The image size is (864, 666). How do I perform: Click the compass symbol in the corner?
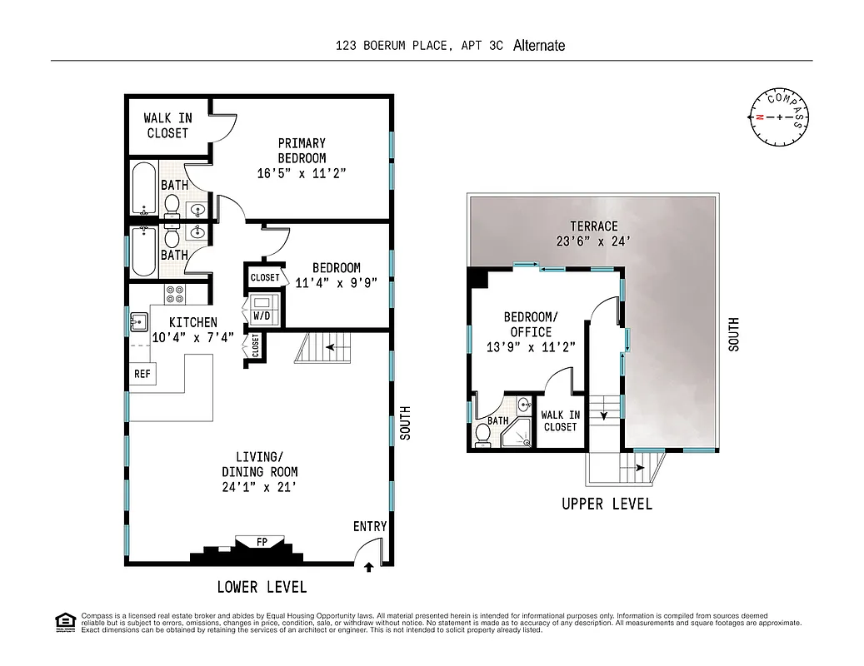click(779, 117)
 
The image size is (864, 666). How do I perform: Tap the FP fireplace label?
click(262, 542)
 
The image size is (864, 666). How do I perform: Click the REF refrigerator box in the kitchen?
click(142, 374)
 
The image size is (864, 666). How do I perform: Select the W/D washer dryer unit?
click(261, 316)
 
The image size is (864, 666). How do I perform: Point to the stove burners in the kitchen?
click(175, 294)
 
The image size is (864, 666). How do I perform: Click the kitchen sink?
click(138, 321)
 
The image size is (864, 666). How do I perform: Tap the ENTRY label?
click(370, 526)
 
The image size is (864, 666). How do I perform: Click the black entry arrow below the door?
click(369, 568)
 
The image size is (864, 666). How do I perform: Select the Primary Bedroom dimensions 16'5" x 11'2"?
click(302, 173)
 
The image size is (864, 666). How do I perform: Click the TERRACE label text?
click(593, 226)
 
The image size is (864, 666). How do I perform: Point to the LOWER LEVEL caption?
click(262, 587)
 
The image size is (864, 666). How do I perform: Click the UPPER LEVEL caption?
click(607, 504)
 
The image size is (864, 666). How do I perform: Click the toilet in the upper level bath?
click(482, 435)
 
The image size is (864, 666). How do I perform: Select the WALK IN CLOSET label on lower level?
click(167, 126)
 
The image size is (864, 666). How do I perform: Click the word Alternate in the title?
click(539, 46)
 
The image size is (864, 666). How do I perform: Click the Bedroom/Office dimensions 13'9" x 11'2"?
click(531, 346)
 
